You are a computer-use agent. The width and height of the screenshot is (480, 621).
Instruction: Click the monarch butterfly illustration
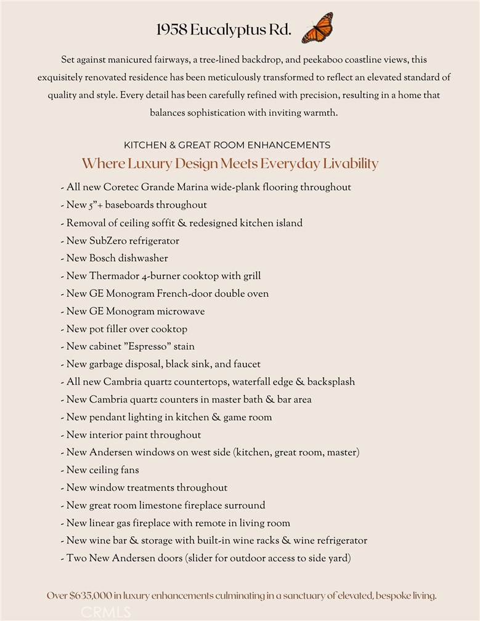[x=317, y=28]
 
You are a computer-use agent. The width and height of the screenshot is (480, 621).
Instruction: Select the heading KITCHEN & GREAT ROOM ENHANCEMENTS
[x=227, y=145]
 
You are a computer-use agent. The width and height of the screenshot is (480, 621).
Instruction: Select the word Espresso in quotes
[x=145, y=347]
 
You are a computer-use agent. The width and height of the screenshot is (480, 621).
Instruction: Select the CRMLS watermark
[x=105, y=612]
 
